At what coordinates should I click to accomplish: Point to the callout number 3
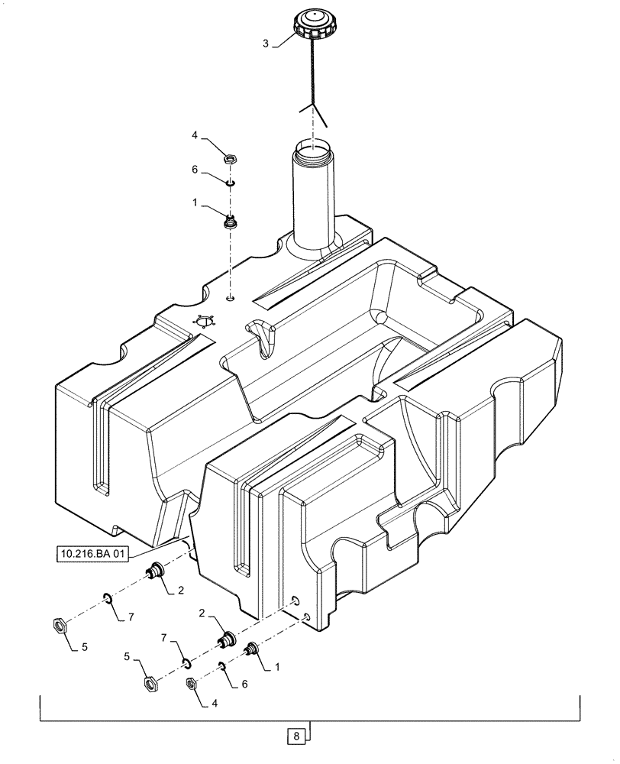pos(266,44)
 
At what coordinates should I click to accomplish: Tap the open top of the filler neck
pos(313,144)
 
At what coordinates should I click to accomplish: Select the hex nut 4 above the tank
pos(228,160)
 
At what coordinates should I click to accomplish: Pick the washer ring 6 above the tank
pos(229,182)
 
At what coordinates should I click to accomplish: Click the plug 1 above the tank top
pos(228,222)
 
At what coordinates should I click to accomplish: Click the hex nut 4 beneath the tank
pos(192,683)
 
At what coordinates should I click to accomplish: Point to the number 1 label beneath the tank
pos(276,666)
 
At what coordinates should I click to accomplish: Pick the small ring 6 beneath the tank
pos(222,666)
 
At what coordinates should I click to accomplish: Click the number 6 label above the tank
pos(195,171)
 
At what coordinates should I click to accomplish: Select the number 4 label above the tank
pos(195,135)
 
